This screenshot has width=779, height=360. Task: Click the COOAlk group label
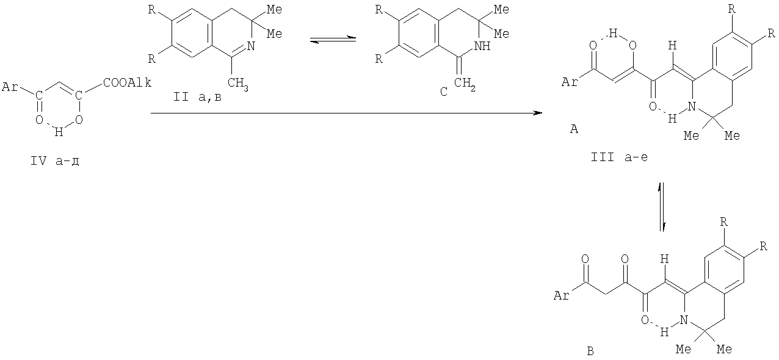pyautogui.click(x=127, y=83)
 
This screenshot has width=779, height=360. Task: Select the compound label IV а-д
pyautogui.click(x=54, y=161)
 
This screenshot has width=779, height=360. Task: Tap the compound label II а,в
pyautogui.click(x=197, y=97)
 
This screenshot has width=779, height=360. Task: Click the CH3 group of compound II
pyautogui.click(x=238, y=84)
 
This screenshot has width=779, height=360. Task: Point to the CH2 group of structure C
pyautogui.click(x=465, y=84)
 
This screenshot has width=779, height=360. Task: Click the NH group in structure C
pyautogui.click(x=482, y=46)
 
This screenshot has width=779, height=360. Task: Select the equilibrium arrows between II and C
pyautogui.click(x=333, y=39)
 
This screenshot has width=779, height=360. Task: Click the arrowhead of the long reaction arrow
pyautogui.click(x=538, y=113)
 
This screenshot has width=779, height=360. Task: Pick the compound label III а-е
pyautogui.click(x=620, y=157)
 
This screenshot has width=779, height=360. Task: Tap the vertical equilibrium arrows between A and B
pyautogui.click(x=662, y=207)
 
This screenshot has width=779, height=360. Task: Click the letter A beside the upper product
pyautogui.click(x=574, y=129)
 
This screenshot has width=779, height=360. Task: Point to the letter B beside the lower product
pyautogui.click(x=590, y=351)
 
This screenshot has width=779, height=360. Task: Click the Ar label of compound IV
pyautogui.click(x=10, y=87)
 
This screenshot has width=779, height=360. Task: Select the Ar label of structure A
pyautogui.click(x=570, y=82)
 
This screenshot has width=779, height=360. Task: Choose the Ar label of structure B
pyautogui.click(x=562, y=296)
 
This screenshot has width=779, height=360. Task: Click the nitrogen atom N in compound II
pyautogui.click(x=251, y=46)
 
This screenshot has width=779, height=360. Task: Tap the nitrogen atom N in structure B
pyautogui.click(x=684, y=320)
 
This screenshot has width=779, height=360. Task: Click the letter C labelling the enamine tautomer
pyautogui.click(x=443, y=92)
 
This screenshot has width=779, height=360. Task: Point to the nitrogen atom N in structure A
pyautogui.click(x=692, y=106)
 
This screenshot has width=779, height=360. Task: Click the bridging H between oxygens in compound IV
pyautogui.click(x=59, y=132)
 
